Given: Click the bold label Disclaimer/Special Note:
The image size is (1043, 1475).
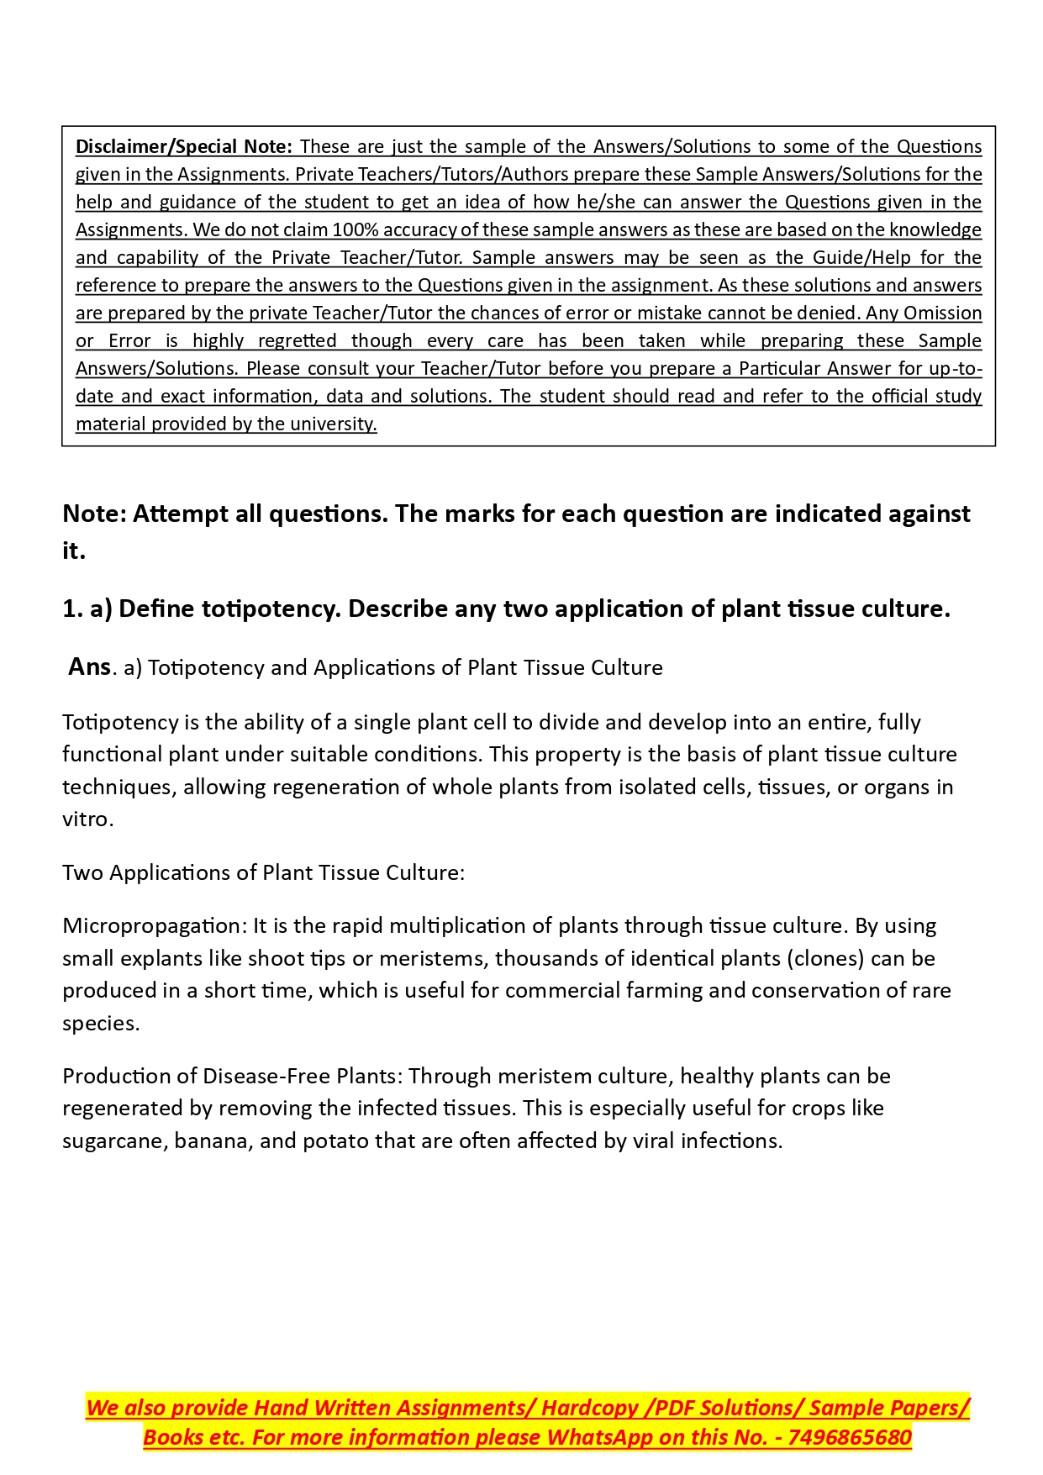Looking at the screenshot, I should [x=183, y=147].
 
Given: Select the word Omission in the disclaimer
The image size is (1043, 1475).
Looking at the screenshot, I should [x=942, y=313].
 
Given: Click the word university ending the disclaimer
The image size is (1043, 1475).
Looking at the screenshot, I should [x=333, y=424].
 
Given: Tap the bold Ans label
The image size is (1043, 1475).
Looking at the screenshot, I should [x=89, y=666].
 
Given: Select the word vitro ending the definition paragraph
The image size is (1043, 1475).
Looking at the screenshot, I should [x=86, y=819].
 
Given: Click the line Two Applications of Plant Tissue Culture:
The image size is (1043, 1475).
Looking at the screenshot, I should [x=263, y=872].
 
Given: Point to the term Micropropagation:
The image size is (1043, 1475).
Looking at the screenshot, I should [x=155, y=926].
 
